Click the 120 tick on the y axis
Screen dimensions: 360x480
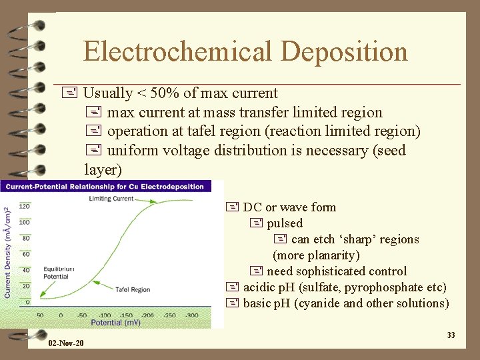(x=25, y=206)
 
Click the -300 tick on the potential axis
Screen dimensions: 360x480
(x=191, y=315)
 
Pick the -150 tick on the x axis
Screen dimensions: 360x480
(x=126, y=315)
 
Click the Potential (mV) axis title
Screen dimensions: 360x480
(x=117, y=323)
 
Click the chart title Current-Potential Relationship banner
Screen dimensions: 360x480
(x=104, y=186)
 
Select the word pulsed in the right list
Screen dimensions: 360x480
(x=285, y=223)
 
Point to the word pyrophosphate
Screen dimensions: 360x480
(x=385, y=287)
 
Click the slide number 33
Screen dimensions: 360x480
(x=451, y=335)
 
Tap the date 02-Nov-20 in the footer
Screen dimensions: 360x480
(x=66, y=343)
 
